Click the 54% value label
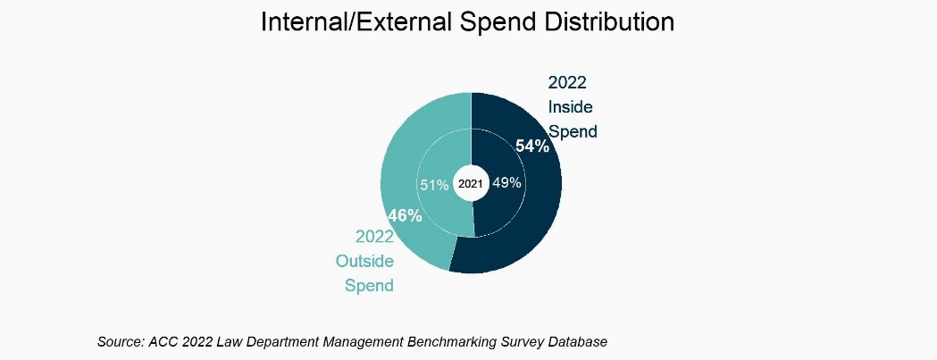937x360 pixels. pos(532,147)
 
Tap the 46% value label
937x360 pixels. pos(405,215)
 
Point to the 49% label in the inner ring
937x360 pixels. pos(507,183)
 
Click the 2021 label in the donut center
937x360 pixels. pos(471,184)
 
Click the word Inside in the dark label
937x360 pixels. pos(570,107)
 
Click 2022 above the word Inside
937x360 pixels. pos(567,83)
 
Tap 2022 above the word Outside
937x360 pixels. pos(375,238)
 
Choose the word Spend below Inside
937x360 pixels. pos(573,131)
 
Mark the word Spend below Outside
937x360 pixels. pos(370,286)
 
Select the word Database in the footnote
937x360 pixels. pos(578,342)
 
